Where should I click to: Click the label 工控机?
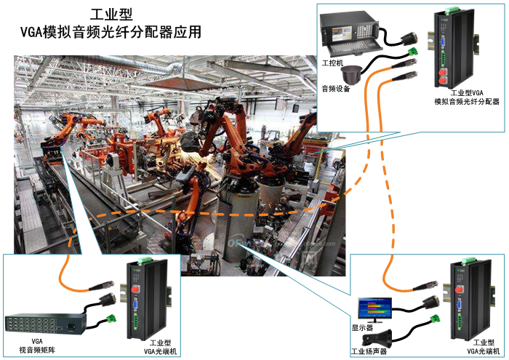(331, 63)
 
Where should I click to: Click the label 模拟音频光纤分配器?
(466, 103)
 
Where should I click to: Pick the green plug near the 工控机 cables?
(414, 52)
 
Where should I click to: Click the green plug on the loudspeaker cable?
(438, 319)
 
